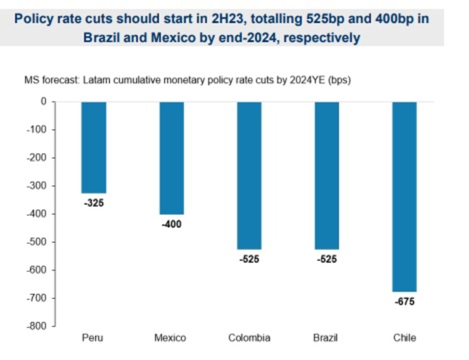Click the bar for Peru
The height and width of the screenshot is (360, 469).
(94, 147)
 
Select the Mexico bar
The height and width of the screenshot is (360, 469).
(172, 158)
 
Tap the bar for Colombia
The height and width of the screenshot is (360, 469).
(249, 175)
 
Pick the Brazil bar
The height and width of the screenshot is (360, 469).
(327, 175)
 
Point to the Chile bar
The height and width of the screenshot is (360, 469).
(404, 196)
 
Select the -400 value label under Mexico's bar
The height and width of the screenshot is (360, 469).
(171, 224)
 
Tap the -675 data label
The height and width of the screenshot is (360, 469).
(404, 302)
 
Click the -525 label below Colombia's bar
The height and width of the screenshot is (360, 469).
(249, 259)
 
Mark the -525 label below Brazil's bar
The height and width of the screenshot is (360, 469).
(327, 259)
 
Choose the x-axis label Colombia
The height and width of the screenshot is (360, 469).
(249, 338)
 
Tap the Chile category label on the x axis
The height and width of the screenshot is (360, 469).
(404, 338)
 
